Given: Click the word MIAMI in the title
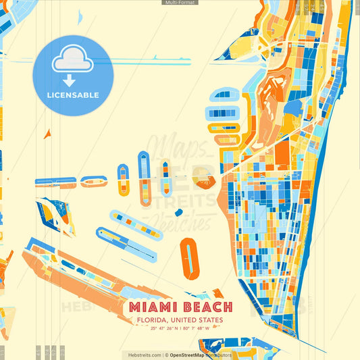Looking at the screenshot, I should click(151, 308).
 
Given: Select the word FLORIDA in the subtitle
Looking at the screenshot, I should click(153, 320).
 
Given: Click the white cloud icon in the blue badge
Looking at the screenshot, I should click(72, 60).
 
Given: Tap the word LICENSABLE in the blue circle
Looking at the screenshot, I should click(73, 95).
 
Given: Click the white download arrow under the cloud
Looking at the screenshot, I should click(69, 80).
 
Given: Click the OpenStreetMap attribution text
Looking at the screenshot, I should click(191, 355).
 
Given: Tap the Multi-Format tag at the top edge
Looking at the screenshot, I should click(180, 3).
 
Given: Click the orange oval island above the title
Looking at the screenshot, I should click(190, 257).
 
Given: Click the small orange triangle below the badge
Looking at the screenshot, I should click(47, 134).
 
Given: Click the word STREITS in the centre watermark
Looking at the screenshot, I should click(190, 200).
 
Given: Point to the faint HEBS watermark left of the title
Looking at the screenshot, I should click(78, 308).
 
